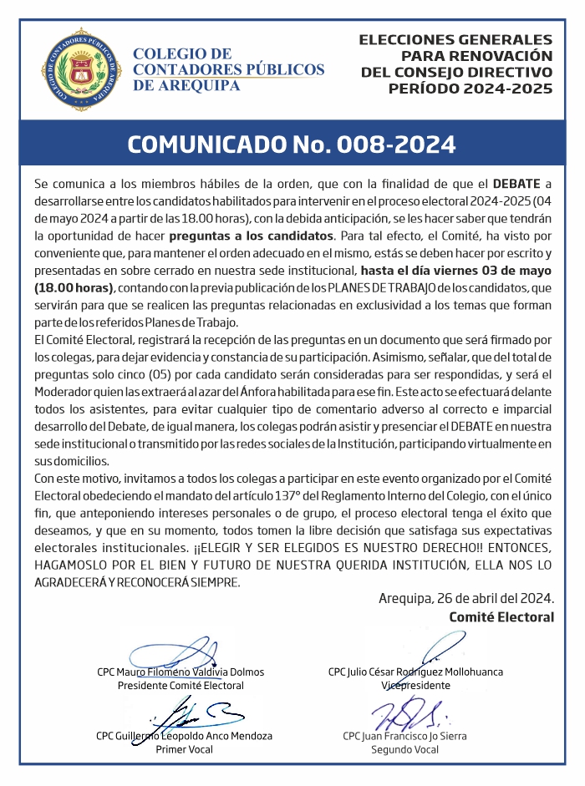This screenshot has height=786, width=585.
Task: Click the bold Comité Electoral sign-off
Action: click(501, 617)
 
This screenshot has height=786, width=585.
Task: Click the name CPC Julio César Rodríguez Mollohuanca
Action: click(415, 672)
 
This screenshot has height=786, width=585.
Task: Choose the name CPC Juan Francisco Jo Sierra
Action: click(404, 736)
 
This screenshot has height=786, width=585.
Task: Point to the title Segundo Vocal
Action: click(404, 749)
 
